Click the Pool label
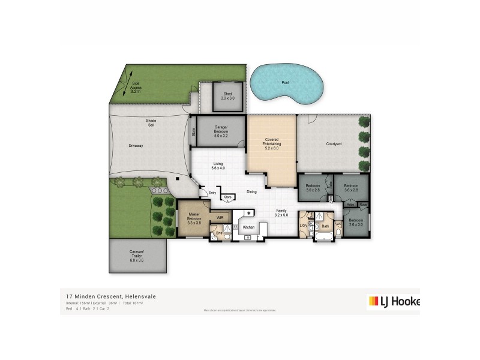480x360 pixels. tap(284, 83)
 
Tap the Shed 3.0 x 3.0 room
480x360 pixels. tap(228, 97)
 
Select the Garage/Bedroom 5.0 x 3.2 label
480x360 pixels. tap(221, 133)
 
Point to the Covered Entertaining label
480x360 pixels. tap(272, 145)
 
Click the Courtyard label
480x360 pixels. tap(334, 143)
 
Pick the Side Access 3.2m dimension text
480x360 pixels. tap(136, 88)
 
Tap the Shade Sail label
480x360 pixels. tap(151, 123)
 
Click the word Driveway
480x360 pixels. tap(135, 146)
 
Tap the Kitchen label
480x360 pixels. tap(248, 227)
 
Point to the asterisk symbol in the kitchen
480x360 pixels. tap(248, 212)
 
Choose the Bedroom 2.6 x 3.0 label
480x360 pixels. tap(356, 223)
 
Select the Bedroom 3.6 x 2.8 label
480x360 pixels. tap(351, 188)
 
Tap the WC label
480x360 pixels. tap(338, 224)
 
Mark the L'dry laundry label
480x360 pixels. tap(304, 225)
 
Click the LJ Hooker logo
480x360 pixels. tap(393, 302)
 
